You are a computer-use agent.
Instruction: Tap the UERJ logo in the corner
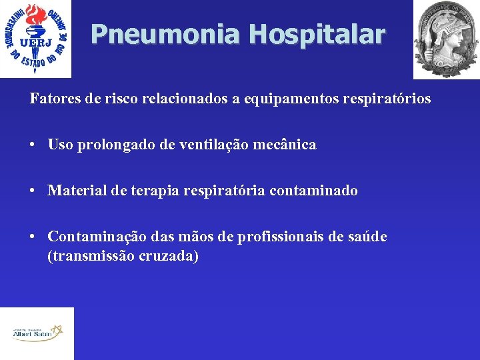pyautogui.click(x=35, y=38)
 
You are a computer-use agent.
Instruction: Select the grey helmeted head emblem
pyautogui.click(x=445, y=38)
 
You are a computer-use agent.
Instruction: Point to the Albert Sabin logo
pyautogui.click(x=37, y=333)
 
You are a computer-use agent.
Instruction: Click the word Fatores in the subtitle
pyautogui.click(x=51, y=99)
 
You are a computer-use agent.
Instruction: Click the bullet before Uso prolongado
pyautogui.click(x=33, y=145)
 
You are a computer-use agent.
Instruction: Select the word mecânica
pyautogui.click(x=290, y=145)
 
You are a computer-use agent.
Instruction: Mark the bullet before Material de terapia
pyautogui.click(x=33, y=191)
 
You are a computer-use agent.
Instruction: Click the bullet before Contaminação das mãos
pyautogui.click(x=33, y=237)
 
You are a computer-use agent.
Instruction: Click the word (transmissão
pyautogui.click(x=90, y=256)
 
